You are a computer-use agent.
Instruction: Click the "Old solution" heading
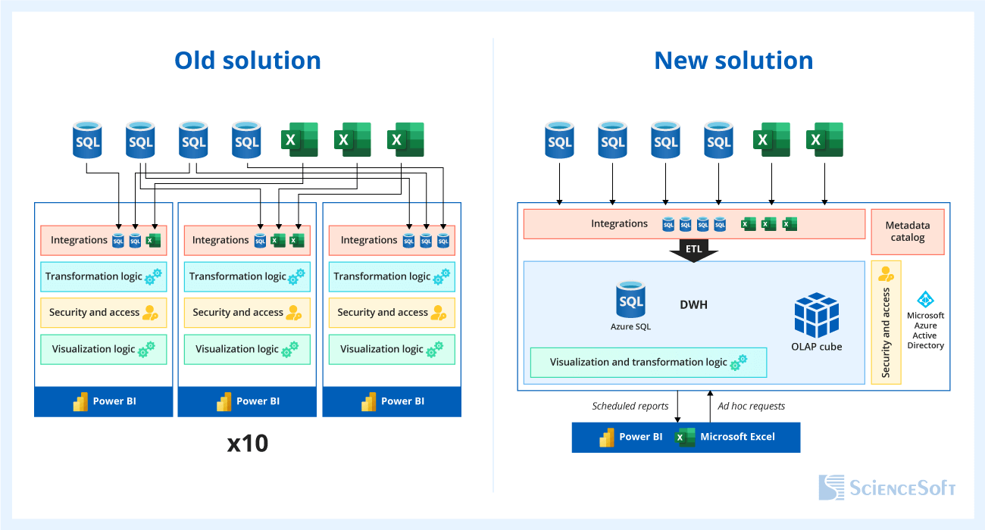[x=248, y=61]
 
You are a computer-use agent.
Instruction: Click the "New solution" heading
[x=733, y=61]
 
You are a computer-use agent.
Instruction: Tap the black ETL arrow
[x=693, y=251]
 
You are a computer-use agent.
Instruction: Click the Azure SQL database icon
[x=630, y=301]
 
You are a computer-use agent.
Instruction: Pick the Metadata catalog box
[x=907, y=232]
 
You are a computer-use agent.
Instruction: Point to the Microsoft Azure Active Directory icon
[x=925, y=300]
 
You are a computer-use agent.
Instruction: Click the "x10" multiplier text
[x=248, y=444]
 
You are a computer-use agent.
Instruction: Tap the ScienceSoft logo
[x=886, y=488]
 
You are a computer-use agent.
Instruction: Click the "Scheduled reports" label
[x=630, y=407]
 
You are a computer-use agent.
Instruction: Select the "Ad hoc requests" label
[x=751, y=407]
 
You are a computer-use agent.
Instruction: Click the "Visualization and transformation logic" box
[x=648, y=363]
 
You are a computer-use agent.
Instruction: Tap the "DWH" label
[x=693, y=305]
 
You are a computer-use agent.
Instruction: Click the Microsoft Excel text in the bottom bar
[x=737, y=437]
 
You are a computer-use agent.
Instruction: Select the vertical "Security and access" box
[x=886, y=323]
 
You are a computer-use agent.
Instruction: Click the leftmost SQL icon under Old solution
[x=87, y=140]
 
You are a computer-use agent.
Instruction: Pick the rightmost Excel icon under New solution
[x=824, y=140]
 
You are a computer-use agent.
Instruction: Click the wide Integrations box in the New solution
[x=693, y=224]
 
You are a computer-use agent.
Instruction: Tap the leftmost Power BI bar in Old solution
[x=103, y=401]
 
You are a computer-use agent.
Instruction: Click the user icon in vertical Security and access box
[x=886, y=274]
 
